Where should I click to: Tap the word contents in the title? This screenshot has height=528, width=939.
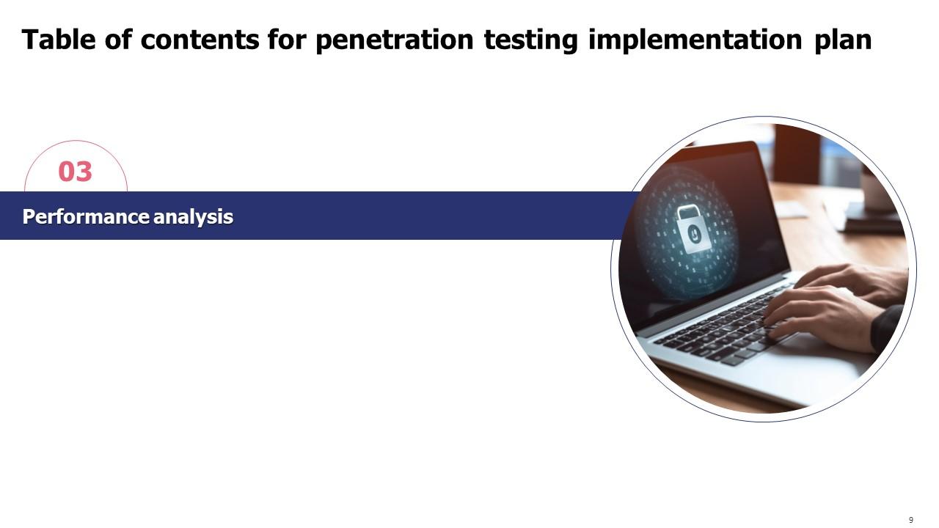tap(200, 40)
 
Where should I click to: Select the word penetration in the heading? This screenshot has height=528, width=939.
tap(394, 40)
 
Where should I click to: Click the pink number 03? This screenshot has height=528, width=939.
tap(76, 172)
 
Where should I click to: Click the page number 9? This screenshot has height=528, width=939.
tap(911, 520)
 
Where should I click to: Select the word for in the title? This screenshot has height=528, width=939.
tap(287, 40)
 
